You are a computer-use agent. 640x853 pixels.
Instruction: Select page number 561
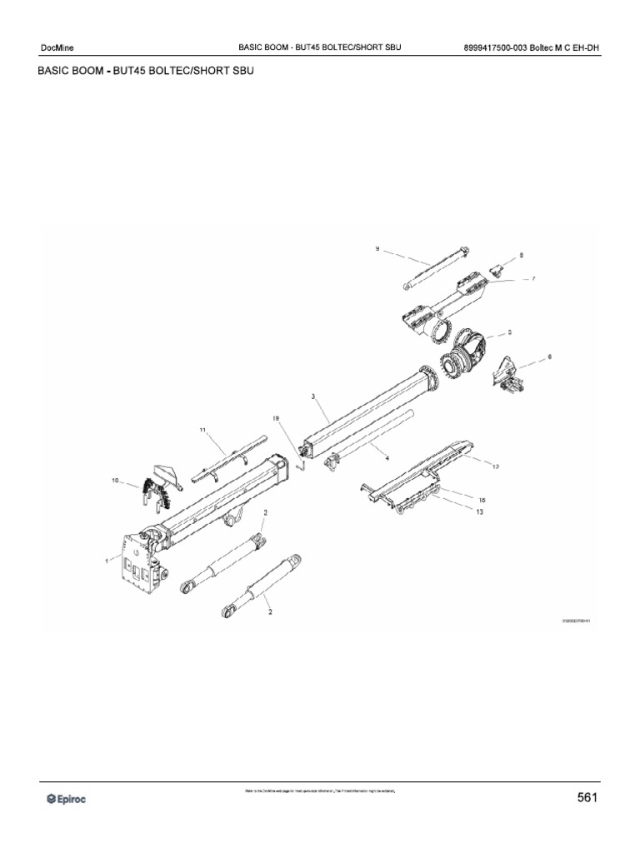[x=587, y=798]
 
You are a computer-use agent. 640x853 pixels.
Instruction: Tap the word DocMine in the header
[x=57, y=47]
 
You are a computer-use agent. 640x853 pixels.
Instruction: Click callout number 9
[x=377, y=248]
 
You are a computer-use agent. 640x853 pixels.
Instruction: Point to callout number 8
[x=521, y=255]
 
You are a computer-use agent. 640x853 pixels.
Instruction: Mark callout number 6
[x=550, y=357]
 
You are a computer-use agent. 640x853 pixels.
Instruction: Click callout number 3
[x=313, y=397]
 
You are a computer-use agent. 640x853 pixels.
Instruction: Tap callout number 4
[x=386, y=457]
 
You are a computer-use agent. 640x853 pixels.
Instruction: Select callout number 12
[x=495, y=467]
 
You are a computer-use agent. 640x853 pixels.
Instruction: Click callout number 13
[x=479, y=512]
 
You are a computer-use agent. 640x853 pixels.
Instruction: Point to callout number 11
[x=202, y=430]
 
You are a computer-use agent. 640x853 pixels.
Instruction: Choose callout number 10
[x=115, y=481]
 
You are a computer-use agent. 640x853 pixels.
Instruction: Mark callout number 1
[x=107, y=561]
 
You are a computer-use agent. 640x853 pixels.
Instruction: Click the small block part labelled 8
[x=497, y=267]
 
